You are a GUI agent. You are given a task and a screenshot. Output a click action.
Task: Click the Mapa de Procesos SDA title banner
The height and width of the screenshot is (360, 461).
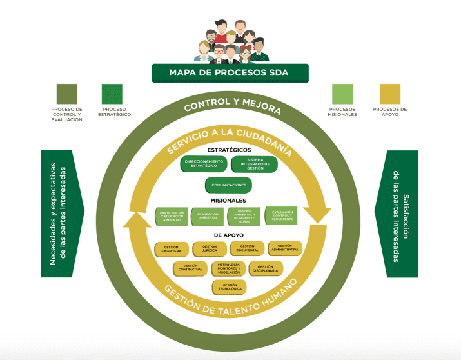click(x=230, y=73)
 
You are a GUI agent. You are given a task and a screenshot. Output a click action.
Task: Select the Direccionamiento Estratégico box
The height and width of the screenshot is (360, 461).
click(x=204, y=164)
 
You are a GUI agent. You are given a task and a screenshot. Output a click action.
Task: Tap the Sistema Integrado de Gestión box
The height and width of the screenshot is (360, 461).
click(x=254, y=164)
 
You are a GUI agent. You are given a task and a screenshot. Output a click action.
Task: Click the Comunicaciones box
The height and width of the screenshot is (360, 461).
click(x=229, y=185)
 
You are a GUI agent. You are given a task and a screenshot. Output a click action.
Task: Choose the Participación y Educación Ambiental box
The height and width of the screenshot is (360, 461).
click(x=173, y=216)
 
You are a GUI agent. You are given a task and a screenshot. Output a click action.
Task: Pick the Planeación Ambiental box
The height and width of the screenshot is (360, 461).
click(x=208, y=216)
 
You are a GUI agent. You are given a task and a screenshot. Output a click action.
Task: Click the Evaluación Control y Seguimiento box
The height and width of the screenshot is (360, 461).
click(x=281, y=216)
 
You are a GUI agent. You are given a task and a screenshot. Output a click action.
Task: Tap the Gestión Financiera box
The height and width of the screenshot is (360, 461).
click(x=172, y=248)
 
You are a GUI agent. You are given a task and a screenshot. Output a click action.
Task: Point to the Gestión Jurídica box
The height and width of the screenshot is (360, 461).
click(x=210, y=248)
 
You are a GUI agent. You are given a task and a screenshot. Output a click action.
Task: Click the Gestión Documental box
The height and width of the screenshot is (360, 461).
click(x=247, y=248)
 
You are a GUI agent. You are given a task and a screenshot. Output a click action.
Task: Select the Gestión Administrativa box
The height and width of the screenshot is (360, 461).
click(x=284, y=247)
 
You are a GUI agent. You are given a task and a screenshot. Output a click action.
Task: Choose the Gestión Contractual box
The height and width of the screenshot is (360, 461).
click(x=190, y=268)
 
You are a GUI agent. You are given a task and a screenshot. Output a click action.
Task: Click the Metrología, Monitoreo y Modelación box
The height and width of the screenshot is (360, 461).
click(x=228, y=268)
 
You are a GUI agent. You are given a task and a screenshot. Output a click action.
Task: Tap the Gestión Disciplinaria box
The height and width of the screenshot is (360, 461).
click(x=265, y=268)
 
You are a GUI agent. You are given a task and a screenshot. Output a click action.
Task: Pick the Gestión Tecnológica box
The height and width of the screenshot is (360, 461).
click(x=229, y=286)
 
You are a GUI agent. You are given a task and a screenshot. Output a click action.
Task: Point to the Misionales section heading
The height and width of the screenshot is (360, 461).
click(x=229, y=201)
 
